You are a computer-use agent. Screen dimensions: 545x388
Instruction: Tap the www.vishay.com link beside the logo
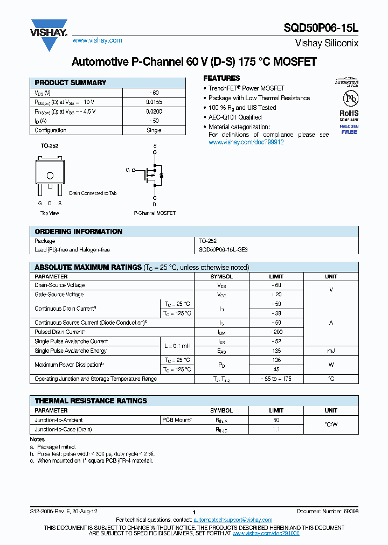97,40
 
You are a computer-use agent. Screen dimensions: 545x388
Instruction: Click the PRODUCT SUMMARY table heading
70,83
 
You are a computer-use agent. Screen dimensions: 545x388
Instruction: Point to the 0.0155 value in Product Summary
154,102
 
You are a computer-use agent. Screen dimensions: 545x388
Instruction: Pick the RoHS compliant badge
349,113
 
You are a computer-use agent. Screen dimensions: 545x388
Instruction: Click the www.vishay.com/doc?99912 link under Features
246,142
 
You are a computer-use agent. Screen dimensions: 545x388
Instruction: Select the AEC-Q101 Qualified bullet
235,117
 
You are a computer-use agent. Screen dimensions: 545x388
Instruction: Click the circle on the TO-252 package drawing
50,176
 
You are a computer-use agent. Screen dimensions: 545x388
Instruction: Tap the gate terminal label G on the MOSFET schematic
128,170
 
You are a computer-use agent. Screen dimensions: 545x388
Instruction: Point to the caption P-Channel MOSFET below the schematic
155,213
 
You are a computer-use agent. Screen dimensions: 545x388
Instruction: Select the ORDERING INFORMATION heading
78,232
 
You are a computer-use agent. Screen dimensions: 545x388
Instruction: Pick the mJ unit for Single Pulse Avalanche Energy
331,351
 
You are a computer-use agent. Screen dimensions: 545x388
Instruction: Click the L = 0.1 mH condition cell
176,346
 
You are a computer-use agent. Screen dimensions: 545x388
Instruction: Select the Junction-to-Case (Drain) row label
63,429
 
